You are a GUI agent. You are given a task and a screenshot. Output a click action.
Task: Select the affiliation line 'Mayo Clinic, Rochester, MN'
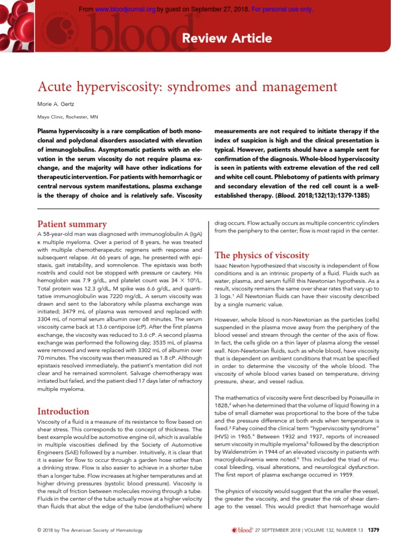pos(67,117)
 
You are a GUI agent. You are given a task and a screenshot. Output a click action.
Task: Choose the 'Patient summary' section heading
pos(72,224)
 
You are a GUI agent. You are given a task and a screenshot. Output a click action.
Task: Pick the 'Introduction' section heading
pos(63,411)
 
